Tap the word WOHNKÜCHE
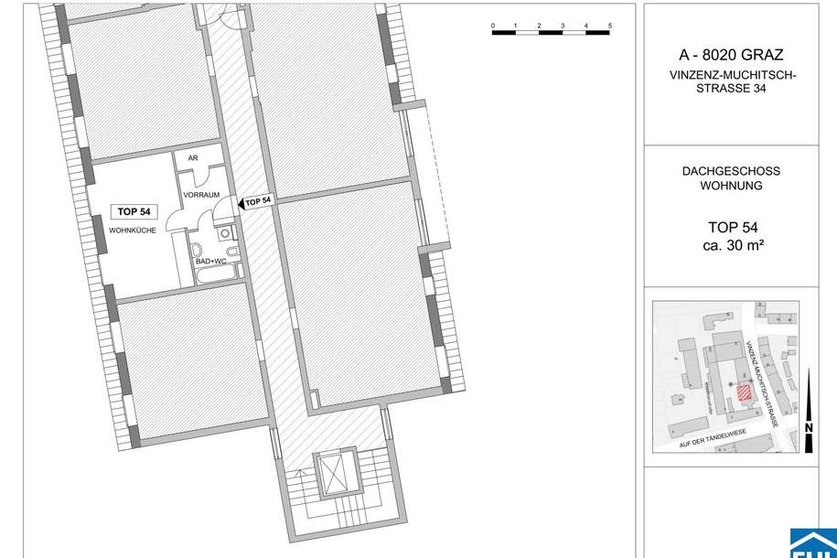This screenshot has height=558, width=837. (x=133, y=231)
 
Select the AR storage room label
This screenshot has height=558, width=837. (x=193, y=158)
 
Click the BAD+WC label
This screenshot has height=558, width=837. (x=209, y=263)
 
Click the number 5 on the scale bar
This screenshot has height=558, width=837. (x=609, y=26)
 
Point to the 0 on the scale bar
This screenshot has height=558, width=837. (x=492, y=26)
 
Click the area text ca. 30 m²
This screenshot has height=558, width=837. (x=732, y=245)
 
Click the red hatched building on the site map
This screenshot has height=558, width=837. (x=744, y=393)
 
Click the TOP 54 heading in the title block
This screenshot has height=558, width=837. (x=732, y=228)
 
